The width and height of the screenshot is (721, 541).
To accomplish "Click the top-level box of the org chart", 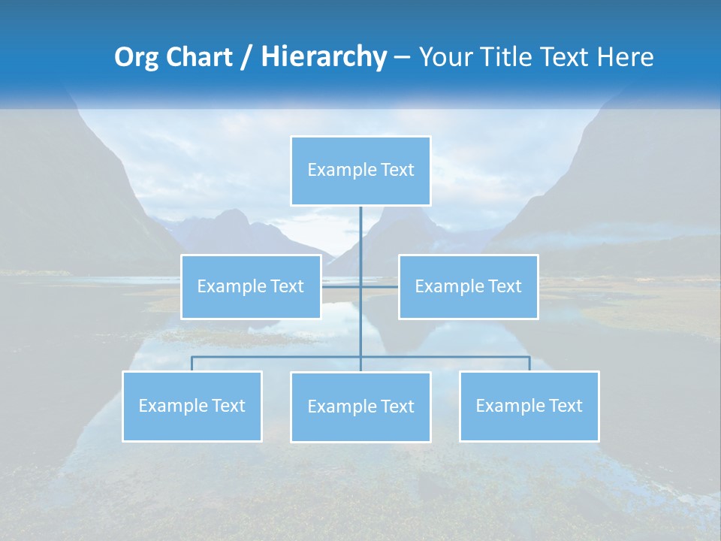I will tap(360, 171).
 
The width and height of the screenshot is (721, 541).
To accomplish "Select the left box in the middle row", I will tap(251, 286).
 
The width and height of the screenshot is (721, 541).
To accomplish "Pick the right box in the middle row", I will tap(468, 286).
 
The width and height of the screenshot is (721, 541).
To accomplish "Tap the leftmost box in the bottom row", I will tap(192, 406).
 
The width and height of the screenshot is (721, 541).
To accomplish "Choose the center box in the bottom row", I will tap(360, 407).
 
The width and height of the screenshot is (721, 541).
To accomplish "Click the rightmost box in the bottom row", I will tap(529, 406).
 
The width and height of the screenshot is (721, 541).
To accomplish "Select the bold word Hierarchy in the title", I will tap(324, 57).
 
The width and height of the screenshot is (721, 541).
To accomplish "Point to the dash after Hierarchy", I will tap(402, 57).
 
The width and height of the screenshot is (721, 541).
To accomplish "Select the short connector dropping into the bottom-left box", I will tap(192, 364).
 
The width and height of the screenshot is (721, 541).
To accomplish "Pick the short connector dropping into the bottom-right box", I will tap(529, 364).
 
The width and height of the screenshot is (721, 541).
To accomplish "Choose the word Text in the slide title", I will tap(566, 57).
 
